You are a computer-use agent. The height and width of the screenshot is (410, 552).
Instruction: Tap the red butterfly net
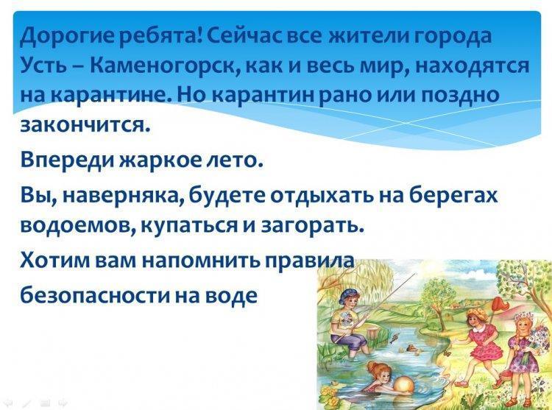tap(496, 305)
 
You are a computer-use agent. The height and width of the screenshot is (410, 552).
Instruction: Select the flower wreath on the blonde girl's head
tap(522, 317)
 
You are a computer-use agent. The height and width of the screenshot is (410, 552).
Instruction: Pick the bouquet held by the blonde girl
tap(539, 337)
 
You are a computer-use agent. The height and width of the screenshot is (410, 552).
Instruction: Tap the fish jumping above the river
tap(394, 338)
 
